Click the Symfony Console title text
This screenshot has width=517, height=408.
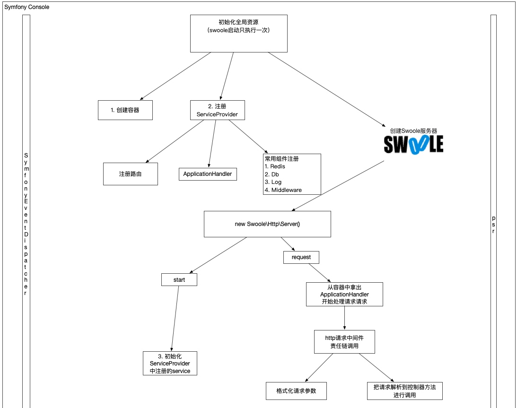(26, 7)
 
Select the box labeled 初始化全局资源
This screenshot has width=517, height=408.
(239, 33)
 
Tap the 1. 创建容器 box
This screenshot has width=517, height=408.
(125, 110)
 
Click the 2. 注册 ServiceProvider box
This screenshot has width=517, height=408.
(218, 110)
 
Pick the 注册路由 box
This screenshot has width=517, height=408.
(131, 174)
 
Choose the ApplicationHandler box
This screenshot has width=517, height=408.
(208, 174)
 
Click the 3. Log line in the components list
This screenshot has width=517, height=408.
(273, 182)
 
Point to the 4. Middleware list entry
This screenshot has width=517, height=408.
(283, 190)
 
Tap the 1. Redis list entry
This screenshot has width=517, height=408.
(275, 166)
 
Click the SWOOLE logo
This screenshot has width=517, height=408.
(413, 145)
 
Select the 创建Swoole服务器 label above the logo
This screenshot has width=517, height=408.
(413, 130)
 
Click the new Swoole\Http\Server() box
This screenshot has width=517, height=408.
(267, 224)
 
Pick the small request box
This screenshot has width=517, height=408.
(301, 257)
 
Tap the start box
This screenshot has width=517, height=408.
(179, 280)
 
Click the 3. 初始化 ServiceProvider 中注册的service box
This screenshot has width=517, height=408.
(170, 364)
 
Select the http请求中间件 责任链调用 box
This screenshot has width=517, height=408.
(344, 342)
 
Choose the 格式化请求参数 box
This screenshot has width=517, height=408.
(297, 391)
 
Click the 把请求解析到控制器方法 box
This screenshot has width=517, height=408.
(405, 391)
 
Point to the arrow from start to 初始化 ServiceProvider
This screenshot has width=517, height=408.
(175, 319)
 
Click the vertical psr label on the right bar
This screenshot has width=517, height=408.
(494, 225)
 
